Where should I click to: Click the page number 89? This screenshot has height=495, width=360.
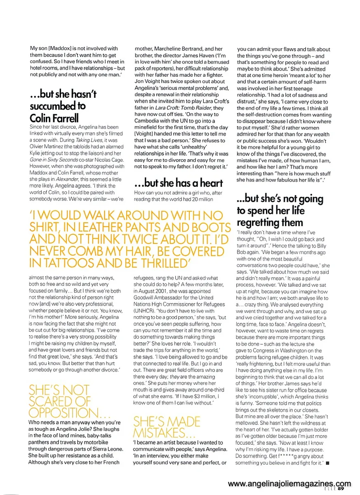point(341,489)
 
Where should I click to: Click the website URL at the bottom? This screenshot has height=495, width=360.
point(289,483)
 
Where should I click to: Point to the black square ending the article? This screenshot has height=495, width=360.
point(327,463)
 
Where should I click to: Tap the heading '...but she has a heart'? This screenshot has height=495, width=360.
point(179,183)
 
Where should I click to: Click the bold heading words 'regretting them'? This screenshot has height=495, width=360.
point(270,223)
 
